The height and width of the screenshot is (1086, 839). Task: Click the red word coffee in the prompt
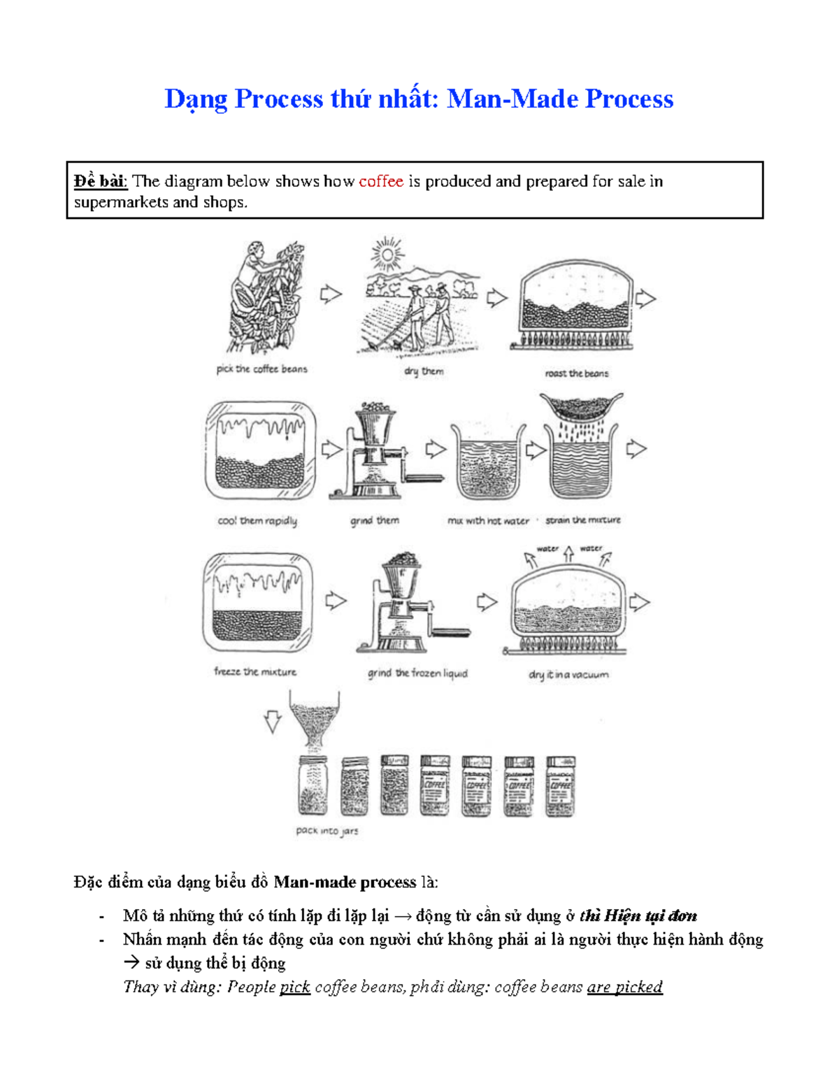pos(380,182)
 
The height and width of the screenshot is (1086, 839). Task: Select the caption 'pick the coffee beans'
pos(261,369)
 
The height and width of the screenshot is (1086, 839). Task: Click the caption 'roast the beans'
pos(576,373)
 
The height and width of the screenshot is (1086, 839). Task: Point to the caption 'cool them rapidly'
pos(257,521)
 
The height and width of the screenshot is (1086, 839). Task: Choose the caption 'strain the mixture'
pos(582,520)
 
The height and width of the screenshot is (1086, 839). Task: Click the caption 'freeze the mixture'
pos(255,672)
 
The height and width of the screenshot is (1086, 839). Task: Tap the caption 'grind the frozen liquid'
pos(417,673)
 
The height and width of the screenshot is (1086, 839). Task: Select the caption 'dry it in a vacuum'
pos(568,675)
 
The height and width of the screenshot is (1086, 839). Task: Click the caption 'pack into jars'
pos(327,831)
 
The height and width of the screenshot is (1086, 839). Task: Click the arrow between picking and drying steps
pos(331,294)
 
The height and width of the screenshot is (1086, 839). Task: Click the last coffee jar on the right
pos(560,786)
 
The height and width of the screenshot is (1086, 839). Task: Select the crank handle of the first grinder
pos(424,478)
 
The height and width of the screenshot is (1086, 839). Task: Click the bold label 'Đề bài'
pos(100,182)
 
